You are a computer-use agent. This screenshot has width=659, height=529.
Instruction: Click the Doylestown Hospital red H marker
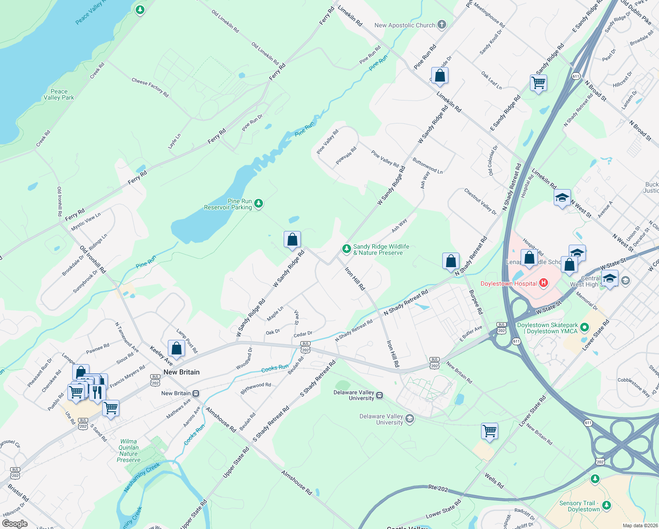tap(544, 283)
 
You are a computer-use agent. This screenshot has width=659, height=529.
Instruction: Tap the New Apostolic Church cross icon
tap(441, 25)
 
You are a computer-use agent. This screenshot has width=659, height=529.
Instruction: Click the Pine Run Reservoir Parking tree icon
tap(259, 204)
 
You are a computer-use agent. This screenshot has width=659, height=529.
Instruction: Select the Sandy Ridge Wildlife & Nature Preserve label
tap(381, 250)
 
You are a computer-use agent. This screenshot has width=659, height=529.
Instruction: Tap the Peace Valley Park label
tap(59, 94)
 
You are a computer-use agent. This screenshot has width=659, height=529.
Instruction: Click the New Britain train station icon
tap(196, 393)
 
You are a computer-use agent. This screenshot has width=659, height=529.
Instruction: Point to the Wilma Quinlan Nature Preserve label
tap(129, 451)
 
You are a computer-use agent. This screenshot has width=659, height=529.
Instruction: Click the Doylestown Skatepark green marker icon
tap(585, 327)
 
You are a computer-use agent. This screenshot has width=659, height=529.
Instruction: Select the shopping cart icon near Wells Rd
tap(490, 431)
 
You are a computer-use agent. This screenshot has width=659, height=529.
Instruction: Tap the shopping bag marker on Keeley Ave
tap(176, 348)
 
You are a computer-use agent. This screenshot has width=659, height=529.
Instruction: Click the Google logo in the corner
tap(15, 524)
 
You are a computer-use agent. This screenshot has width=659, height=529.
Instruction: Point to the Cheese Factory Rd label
tap(150, 87)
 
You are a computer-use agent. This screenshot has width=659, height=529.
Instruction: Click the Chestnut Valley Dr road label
tap(480, 201)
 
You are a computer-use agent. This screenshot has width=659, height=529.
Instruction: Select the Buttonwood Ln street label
tap(427, 165)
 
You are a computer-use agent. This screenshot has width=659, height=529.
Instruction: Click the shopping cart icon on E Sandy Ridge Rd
tap(538, 82)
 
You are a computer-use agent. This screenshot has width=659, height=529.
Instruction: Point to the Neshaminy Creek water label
tap(141, 477)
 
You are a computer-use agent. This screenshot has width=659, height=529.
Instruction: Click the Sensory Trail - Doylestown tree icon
tap(607, 505)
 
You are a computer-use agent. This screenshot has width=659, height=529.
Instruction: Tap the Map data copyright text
tap(640, 525)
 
